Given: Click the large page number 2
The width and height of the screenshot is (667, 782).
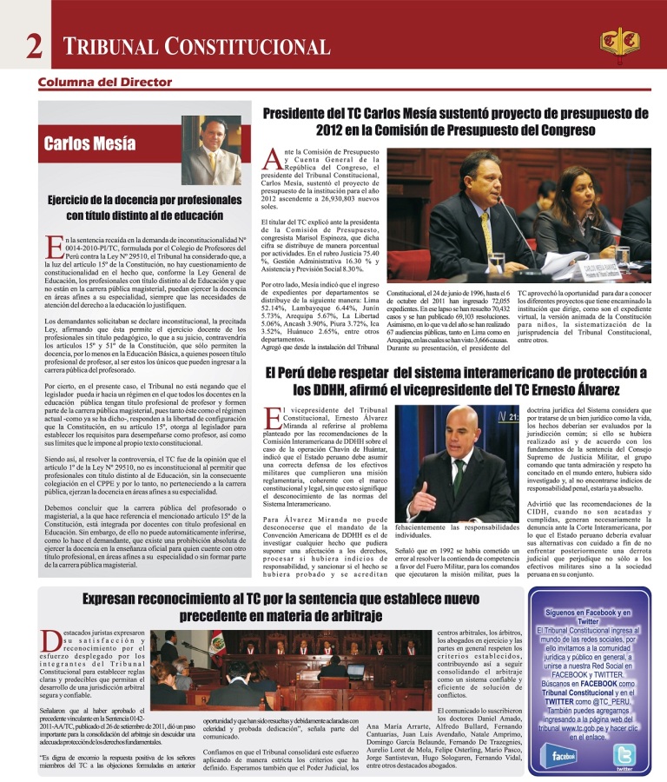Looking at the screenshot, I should click(34, 46).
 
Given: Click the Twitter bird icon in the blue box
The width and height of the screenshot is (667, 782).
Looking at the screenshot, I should click(624, 756).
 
